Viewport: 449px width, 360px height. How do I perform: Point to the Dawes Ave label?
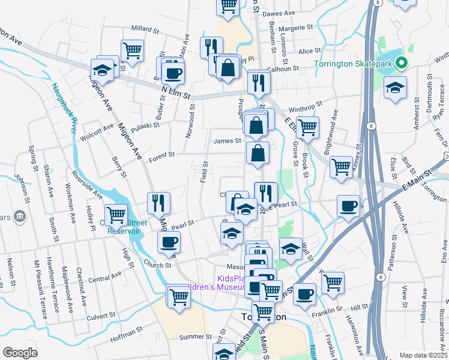tap(279, 13)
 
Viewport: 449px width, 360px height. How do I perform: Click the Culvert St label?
tap(100, 315)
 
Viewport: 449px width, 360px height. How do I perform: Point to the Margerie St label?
tap(296, 28)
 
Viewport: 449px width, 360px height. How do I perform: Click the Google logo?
tap(20, 353)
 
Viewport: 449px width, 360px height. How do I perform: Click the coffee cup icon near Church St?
tap(168, 242)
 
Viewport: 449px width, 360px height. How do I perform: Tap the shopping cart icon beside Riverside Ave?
tap(115, 213)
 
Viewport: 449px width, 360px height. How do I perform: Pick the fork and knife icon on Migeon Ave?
tap(159, 201)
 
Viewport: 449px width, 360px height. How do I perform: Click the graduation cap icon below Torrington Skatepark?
tap(396, 86)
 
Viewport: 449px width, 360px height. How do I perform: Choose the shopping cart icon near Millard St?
tap(131, 49)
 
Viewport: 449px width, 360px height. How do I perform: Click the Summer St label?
tap(192, 337)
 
